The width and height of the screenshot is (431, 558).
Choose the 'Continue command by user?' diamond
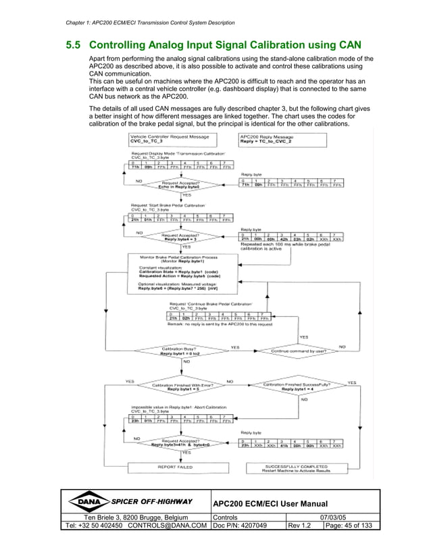(x=299, y=351)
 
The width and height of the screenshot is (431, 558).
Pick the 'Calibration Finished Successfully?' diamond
(x=298, y=387)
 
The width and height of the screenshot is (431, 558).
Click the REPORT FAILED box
(x=175, y=467)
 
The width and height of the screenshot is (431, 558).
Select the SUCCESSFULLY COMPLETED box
(x=297, y=467)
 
